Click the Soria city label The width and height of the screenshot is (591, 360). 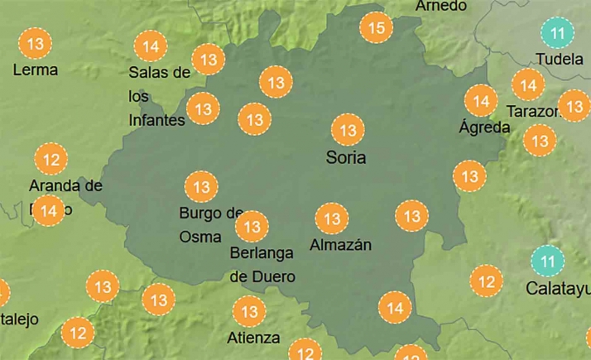click(x=345, y=157)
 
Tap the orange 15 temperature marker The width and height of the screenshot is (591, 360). click(x=376, y=29)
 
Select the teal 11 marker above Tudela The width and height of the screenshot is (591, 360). click(x=557, y=34)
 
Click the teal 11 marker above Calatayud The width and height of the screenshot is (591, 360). click(x=545, y=262)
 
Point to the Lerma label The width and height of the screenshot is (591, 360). click(x=35, y=70)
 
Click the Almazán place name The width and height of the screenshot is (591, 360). click(x=340, y=245)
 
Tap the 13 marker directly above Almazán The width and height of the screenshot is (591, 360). click(x=332, y=219)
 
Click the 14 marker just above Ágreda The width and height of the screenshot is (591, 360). click(x=480, y=101)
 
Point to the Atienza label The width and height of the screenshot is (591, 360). click(x=253, y=338)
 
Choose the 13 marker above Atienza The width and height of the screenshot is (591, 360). click(x=249, y=312)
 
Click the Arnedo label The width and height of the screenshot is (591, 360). click(x=441, y=6)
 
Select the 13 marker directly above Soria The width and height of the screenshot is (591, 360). click(x=348, y=130)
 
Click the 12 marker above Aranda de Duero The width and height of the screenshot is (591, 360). click(x=51, y=158)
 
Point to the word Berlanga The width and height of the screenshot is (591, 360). click(x=261, y=255)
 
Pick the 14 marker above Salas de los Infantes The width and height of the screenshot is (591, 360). click(x=151, y=46)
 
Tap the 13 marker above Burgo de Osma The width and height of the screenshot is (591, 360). click(x=201, y=187)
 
